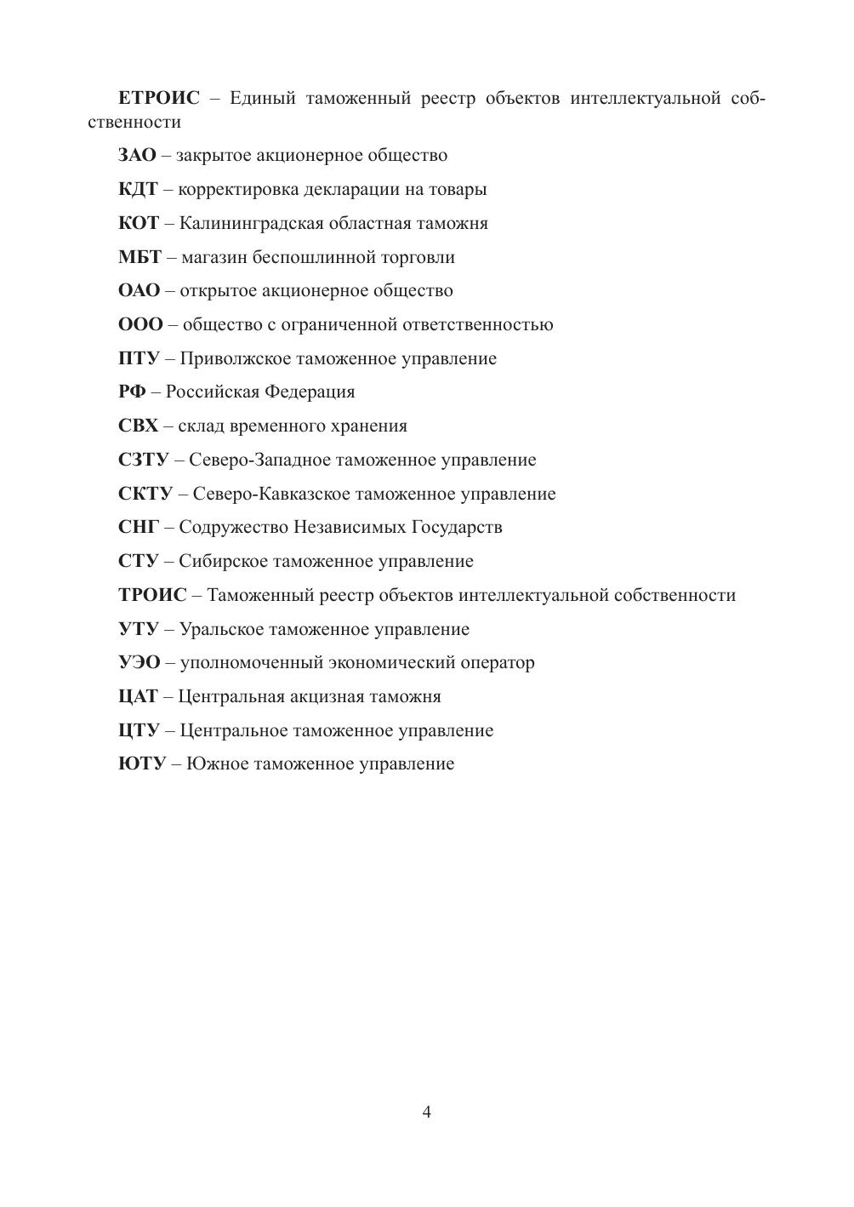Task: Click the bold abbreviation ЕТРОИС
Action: [159, 99]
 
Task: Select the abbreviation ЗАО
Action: [137, 156]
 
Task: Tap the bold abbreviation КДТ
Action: [138, 190]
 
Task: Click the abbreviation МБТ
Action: [139, 257]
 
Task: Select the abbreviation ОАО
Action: [139, 291]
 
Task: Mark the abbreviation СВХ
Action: [138, 426]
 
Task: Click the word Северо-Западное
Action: [259, 460]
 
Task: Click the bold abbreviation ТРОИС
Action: [151, 596]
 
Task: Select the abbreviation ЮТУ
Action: [141, 764]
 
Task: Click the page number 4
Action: [426, 1113]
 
